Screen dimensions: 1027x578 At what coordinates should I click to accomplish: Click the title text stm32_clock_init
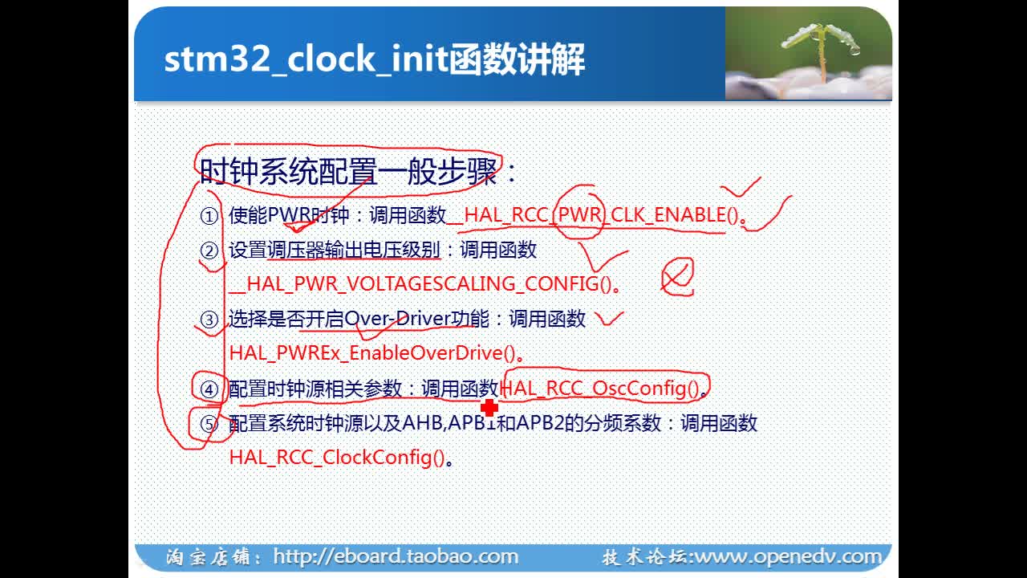306,59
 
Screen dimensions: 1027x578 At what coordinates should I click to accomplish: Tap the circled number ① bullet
209,216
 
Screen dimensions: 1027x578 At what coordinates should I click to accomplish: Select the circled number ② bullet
209,251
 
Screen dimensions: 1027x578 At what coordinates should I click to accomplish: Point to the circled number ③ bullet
209,320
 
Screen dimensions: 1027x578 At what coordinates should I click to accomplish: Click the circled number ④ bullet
209,389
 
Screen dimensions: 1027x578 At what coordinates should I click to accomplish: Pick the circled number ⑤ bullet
209,424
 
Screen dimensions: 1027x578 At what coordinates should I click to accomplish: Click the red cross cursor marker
489,407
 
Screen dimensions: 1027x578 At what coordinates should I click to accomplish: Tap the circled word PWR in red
579,214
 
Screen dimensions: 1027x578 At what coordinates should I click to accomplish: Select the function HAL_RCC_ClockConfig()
337,458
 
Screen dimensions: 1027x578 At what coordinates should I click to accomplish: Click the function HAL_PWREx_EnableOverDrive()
372,353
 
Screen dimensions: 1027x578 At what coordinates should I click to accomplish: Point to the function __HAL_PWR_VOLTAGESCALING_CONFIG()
420,284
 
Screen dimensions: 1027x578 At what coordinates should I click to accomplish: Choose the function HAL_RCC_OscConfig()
601,389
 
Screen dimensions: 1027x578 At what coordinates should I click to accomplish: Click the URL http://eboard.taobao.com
396,556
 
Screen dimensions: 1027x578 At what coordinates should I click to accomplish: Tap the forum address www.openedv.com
789,557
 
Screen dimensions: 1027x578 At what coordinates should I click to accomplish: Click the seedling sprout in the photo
821,48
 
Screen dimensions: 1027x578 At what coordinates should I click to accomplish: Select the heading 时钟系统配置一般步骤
348,172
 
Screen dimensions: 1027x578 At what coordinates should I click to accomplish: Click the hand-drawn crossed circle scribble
678,277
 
